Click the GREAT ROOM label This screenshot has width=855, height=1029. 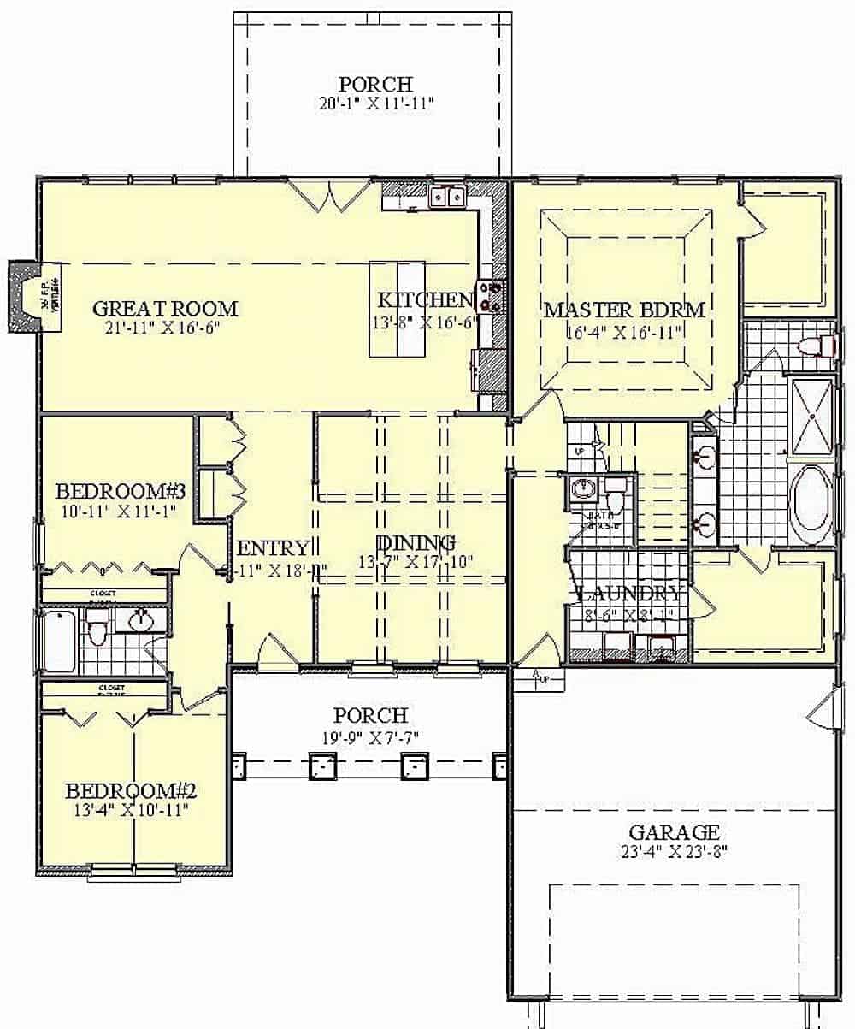point(165,309)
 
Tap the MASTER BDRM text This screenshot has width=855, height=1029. point(624,310)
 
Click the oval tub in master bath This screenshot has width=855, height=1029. point(809,505)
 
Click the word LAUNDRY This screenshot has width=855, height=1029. point(631,594)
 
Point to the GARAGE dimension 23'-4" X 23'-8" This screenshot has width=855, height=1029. point(674,851)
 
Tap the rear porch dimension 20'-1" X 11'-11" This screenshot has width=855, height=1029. point(375,103)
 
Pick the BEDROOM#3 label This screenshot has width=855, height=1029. point(121,493)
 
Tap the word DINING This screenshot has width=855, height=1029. point(416,543)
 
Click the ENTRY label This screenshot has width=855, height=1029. point(272,548)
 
